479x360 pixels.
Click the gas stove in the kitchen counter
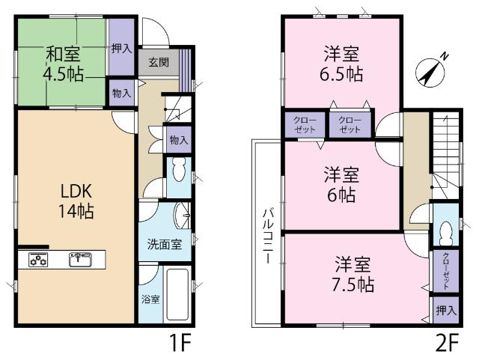(38, 260)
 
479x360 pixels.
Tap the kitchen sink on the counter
(79, 260)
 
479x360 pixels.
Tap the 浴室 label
(150, 299)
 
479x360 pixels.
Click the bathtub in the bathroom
(177, 294)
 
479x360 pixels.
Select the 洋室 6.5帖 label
(341, 63)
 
